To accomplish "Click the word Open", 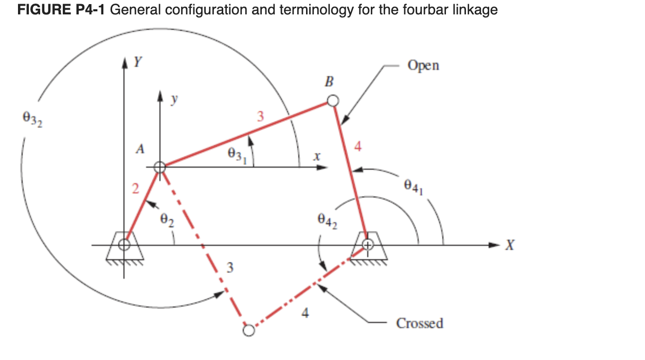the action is [423, 66].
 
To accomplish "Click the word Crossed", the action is [419, 323].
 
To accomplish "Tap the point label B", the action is [330, 81].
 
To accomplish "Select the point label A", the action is [139, 149].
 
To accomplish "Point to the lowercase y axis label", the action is [175, 101].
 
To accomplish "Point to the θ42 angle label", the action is [327, 222].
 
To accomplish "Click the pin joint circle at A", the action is [159, 167].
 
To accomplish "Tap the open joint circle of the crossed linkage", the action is [248, 330].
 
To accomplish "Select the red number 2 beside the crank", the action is [135, 189].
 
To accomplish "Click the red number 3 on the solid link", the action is [260, 117].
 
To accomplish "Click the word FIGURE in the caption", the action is [43, 10].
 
